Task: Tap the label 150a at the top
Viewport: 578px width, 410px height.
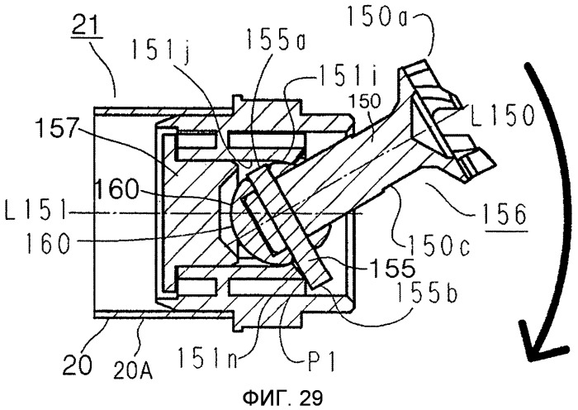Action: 377,18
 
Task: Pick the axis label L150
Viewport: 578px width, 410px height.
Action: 503,114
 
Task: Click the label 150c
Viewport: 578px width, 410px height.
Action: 438,245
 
